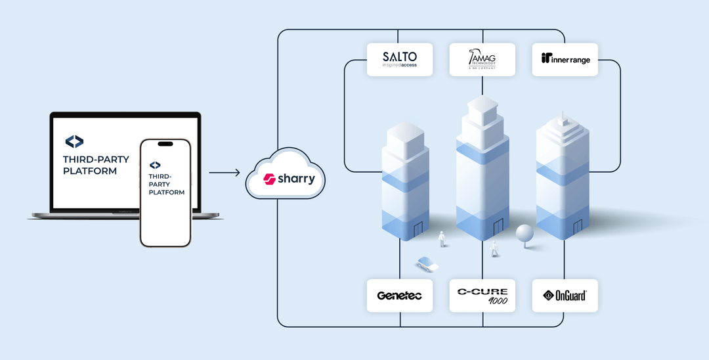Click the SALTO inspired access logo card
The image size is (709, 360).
(x=400, y=59)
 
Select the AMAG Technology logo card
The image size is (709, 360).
(x=483, y=59)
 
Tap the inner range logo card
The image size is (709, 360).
(x=565, y=59)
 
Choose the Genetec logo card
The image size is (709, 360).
(x=400, y=296)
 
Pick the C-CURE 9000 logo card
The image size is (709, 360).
(x=483, y=296)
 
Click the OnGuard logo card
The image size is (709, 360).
(x=565, y=296)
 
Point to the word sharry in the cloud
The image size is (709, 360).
(x=295, y=179)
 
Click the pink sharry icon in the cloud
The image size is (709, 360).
(x=268, y=179)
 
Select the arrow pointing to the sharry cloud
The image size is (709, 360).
(x=225, y=173)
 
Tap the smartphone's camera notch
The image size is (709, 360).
(x=165, y=144)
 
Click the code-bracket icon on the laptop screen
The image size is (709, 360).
(x=74, y=141)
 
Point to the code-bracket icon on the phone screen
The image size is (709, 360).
(x=155, y=165)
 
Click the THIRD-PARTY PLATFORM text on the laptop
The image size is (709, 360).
(x=96, y=165)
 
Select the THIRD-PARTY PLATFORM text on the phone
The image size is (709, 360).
(x=166, y=184)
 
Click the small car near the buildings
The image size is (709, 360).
(x=427, y=264)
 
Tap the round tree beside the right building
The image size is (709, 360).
(x=525, y=235)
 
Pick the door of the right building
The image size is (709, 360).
(x=578, y=227)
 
